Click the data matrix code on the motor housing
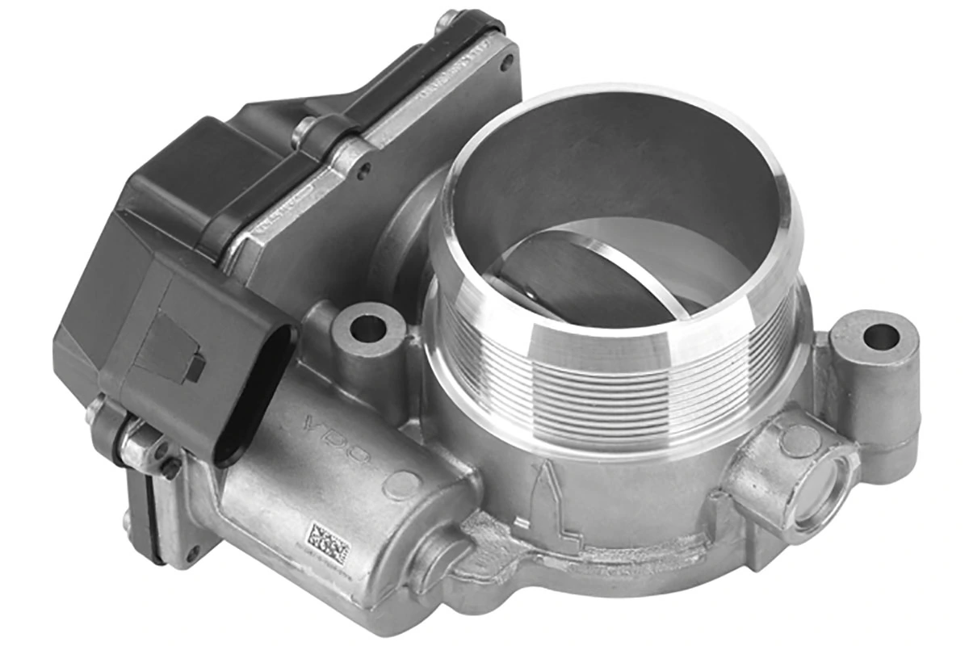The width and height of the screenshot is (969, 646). coord(326,543)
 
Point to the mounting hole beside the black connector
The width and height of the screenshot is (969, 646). coord(368,328)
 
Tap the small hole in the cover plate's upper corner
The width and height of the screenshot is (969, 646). coord(506,63)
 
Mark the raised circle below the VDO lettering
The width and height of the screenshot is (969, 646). coord(401,484)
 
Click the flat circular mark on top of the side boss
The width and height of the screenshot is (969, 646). coord(799,440)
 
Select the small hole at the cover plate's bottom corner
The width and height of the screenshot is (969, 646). coord(192,556)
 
